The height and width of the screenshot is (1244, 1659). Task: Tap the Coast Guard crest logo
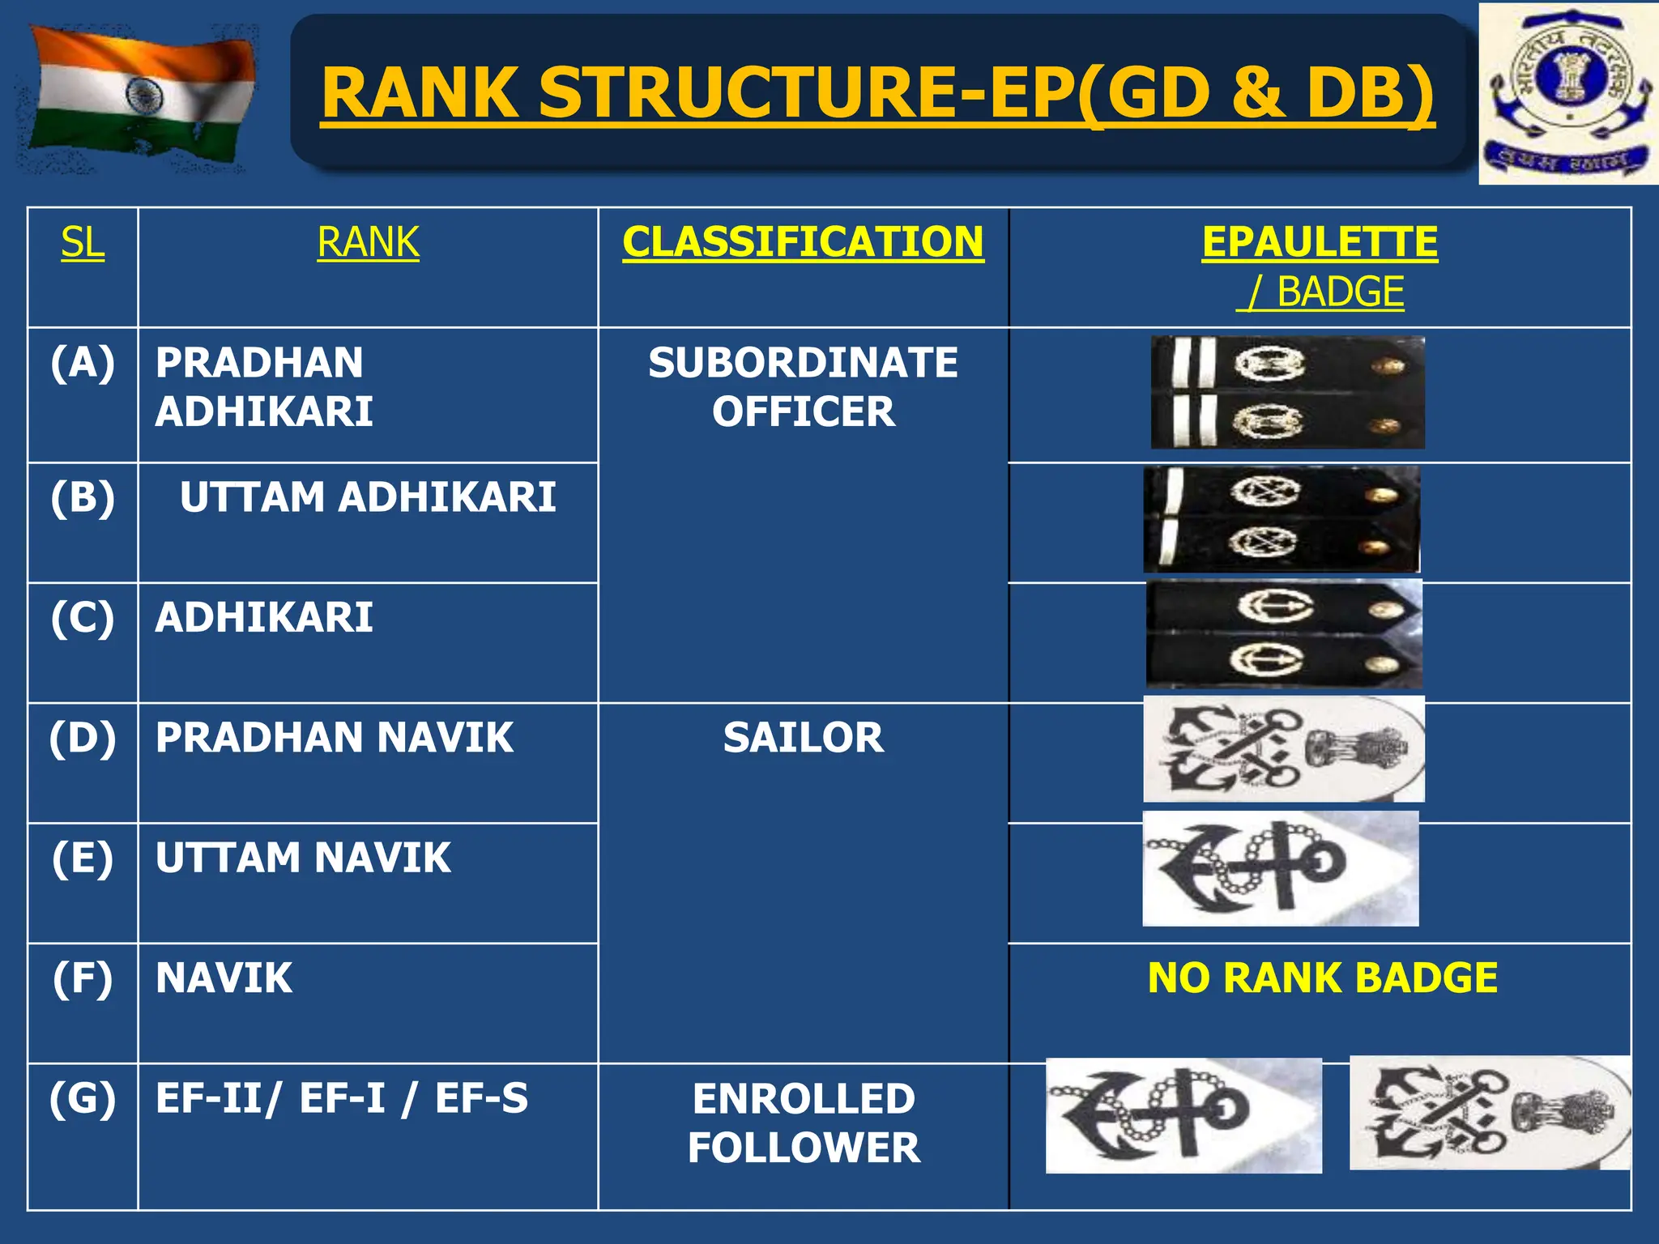point(1568,94)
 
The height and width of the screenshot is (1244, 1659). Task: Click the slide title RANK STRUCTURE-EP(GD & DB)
point(877,93)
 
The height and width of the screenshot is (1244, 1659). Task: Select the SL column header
point(83,242)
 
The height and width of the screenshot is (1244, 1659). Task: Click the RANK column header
point(368,242)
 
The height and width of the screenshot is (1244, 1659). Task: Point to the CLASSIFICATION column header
point(803,242)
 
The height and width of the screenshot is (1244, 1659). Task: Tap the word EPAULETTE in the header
point(1320,242)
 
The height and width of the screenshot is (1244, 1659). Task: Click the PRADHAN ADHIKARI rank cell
point(264,387)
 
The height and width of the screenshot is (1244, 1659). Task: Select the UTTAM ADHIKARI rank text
point(368,496)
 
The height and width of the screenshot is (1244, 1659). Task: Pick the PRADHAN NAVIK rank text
point(335,737)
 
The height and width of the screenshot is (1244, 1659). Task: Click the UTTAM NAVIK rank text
point(303,858)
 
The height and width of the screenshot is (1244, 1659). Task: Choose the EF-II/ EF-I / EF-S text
point(341,1098)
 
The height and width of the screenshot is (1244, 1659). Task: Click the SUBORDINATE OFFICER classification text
point(803,387)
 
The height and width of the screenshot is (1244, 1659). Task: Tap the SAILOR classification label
point(803,737)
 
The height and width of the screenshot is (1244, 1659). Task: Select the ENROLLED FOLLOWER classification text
point(803,1123)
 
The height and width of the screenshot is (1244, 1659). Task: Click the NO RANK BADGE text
point(1322,978)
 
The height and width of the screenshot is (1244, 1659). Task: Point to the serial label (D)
point(83,738)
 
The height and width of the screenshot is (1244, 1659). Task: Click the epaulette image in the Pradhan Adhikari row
point(1287,393)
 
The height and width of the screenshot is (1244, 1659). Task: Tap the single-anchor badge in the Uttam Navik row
point(1280,868)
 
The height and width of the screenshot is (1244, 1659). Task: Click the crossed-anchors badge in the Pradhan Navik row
point(1283,749)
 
